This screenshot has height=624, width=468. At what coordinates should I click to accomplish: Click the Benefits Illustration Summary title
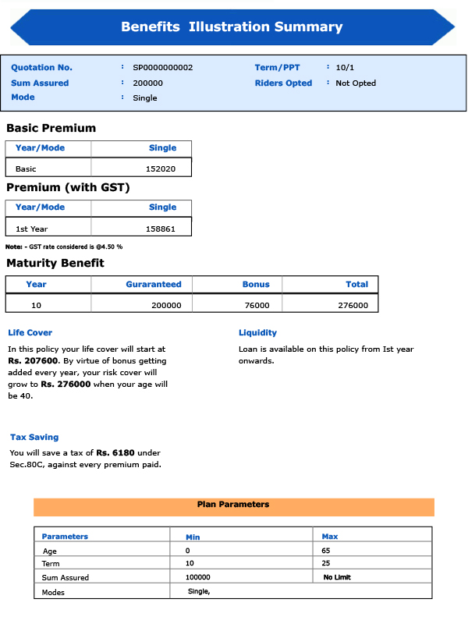(x=232, y=27)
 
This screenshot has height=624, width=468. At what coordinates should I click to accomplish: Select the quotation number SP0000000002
(x=162, y=68)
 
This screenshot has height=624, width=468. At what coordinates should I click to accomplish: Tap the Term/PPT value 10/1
(x=345, y=68)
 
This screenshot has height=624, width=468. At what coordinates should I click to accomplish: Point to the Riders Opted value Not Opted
(x=356, y=83)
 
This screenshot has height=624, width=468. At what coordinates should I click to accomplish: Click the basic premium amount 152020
(x=161, y=168)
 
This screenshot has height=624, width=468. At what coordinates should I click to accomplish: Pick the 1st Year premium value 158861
(x=161, y=229)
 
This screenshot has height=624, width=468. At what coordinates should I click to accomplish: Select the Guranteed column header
(x=154, y=285)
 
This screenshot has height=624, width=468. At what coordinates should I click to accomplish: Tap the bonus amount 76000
(x=257, y=306)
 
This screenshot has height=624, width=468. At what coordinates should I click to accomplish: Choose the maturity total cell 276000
(x=353, y=306)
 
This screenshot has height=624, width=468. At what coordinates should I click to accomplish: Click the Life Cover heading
(x=30, y=333)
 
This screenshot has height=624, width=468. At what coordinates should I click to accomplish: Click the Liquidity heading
(x=257, y=333)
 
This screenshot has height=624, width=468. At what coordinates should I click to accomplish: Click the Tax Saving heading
(x=34, y=438)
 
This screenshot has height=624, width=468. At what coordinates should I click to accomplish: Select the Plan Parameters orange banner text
(x=233, y=505)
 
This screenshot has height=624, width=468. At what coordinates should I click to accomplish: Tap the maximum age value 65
(x=327, y=551)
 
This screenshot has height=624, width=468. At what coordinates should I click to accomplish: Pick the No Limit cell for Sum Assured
(x=338, y=577)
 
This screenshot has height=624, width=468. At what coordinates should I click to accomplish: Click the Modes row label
(x=53, y=592)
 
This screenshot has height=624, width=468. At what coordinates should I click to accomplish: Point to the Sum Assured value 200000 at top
(x=148, y=83)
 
